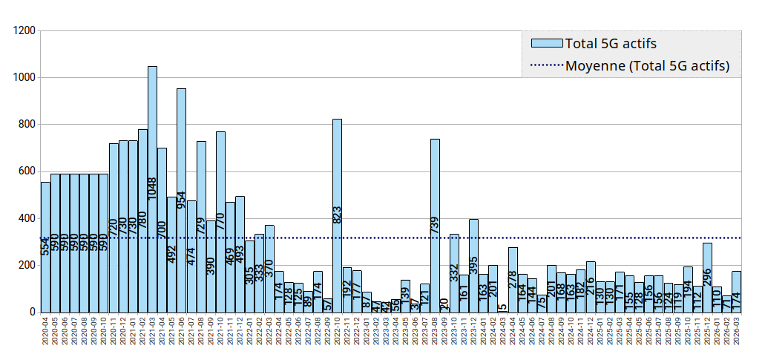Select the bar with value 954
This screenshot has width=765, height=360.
(181, 200)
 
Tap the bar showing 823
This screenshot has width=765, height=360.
(337, 215)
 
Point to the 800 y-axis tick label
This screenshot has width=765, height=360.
(27, 125)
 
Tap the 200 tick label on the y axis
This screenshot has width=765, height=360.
(27, 266)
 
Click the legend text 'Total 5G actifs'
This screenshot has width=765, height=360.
(611, 44)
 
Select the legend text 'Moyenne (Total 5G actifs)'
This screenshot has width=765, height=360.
(647, 66)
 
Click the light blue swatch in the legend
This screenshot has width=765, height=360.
(545, 44)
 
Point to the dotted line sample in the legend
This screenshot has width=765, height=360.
(545, 66)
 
